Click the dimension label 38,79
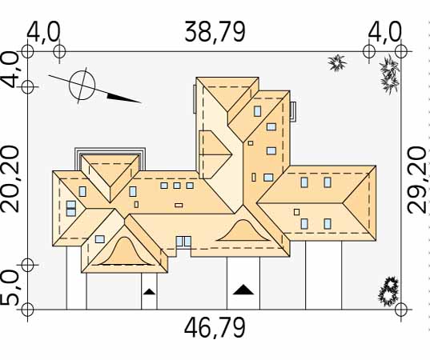point(215,32)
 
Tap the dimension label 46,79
point(215,328)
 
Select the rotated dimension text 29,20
point(417,180)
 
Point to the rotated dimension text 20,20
point(10,179)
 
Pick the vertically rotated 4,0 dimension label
point(10,70)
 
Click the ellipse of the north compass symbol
point(82,86)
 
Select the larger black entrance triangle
point(243,290)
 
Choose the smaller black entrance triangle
point(149,292)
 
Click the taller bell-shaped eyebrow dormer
point(125,252)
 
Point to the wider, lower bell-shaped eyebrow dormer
point(243,231)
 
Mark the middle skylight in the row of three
point(177,186)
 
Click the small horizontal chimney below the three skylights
point(179,206)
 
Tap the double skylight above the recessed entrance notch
point(183,242)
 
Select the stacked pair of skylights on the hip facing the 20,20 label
point(71,209)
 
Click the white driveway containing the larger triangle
point(243,283)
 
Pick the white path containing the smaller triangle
point(149,291)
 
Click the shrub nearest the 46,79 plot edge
point(388,291)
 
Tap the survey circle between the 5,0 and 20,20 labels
point(27,265)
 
